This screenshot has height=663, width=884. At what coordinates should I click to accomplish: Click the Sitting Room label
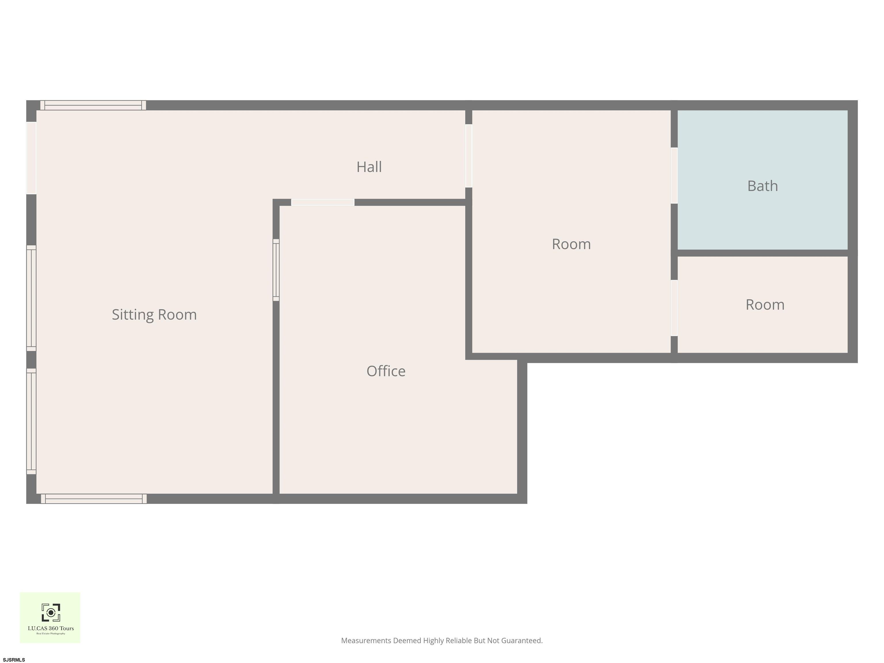click(154, 315)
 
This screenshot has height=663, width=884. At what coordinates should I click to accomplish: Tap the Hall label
click(369, 167)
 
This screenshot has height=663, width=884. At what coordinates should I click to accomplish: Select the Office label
click(386, 371)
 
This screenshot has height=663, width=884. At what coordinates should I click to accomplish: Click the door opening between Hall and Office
click(323, 203)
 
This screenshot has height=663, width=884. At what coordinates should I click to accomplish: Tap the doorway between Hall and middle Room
click(469, 156)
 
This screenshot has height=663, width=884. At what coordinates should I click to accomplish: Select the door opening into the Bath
click(674, 176)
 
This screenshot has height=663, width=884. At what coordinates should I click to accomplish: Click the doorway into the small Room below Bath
click(674, 308)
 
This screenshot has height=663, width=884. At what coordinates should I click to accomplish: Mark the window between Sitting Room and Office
click(276, 270)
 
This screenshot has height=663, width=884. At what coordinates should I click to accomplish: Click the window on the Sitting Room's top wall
click(93, 105)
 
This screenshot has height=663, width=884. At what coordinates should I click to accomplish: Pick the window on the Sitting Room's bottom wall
click(94, 499)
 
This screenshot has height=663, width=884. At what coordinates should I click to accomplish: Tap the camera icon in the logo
click(51, 613)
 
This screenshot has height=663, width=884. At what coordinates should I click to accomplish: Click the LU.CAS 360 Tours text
click(51, 628)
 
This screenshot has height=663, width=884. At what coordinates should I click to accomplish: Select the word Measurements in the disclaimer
click(366, 641)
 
